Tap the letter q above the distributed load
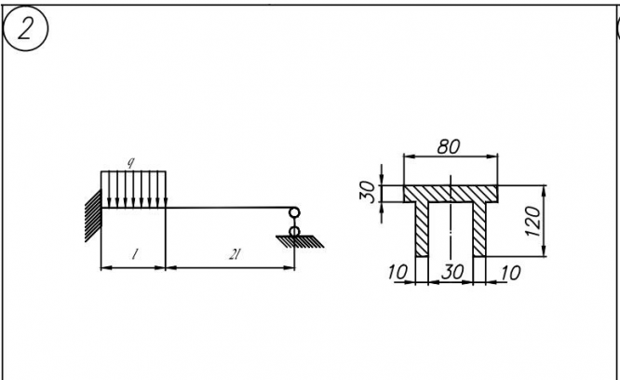131,164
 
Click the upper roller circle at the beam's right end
295,212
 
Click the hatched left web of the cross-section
422,229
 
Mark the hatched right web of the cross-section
480,229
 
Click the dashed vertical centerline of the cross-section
452,233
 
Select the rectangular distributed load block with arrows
133,188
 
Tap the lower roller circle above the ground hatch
295,230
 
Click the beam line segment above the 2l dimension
228,208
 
